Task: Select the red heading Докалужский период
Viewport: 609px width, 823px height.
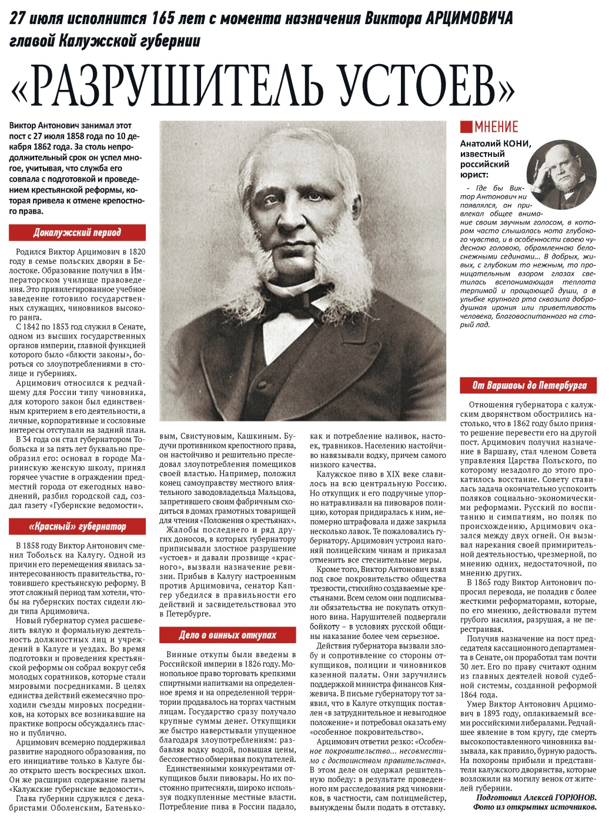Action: coord(77,233)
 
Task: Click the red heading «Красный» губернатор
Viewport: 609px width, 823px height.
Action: coord(77,526)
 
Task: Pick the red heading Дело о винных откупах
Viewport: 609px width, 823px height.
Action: coord(228,635)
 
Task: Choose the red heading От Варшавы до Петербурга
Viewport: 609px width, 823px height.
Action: coord(530,386)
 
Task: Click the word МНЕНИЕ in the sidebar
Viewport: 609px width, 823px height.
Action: coord(497,127)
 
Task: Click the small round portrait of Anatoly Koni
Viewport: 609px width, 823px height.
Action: coord(561,174)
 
